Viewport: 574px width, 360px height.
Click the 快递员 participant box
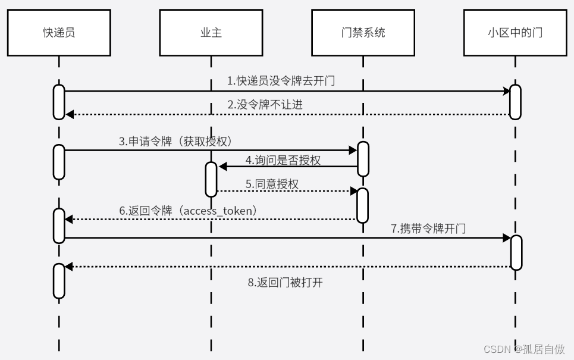(59, 33)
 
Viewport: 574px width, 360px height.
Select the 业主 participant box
(211, 33)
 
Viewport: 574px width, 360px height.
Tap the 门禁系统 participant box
(362, 33)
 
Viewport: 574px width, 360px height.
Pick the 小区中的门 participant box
(515, 33)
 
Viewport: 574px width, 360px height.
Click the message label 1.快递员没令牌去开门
(281, 81)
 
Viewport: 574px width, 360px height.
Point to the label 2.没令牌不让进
(265, 105)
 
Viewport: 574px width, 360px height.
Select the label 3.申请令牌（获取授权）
(175, 142)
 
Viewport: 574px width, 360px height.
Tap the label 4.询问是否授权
(283, 160)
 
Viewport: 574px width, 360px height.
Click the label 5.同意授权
(272, 184)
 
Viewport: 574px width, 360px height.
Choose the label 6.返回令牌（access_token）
(187, 211)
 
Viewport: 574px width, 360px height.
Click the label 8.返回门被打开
(286, 282)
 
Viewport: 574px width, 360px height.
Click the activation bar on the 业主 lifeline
(211, 179)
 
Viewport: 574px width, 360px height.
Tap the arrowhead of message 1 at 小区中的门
(506, 91)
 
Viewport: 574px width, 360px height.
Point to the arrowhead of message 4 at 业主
(222, 167)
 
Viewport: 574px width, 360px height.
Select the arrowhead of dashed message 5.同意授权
(353, 191)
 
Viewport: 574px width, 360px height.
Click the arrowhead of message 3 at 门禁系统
(353, 150)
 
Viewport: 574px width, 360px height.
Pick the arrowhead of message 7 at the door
(506, 238)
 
